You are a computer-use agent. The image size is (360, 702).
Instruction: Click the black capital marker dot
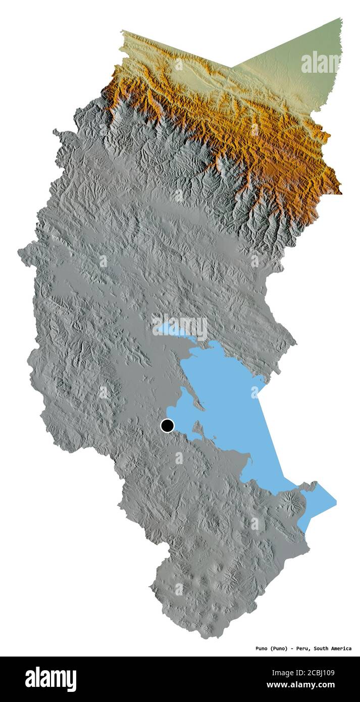point(167,426)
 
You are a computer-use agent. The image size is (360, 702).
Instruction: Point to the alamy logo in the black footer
point(50,679)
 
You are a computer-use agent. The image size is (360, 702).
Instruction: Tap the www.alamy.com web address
point(301,685)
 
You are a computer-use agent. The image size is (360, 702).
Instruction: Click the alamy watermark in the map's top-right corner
point(321,63)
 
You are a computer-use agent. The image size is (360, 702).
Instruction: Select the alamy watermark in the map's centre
point(180,328)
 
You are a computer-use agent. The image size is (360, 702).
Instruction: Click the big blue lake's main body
point(227,394)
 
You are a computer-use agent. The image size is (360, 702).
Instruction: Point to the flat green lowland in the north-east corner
point(298,66)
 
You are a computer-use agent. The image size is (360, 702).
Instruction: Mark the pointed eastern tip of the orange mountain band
point(340,192)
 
